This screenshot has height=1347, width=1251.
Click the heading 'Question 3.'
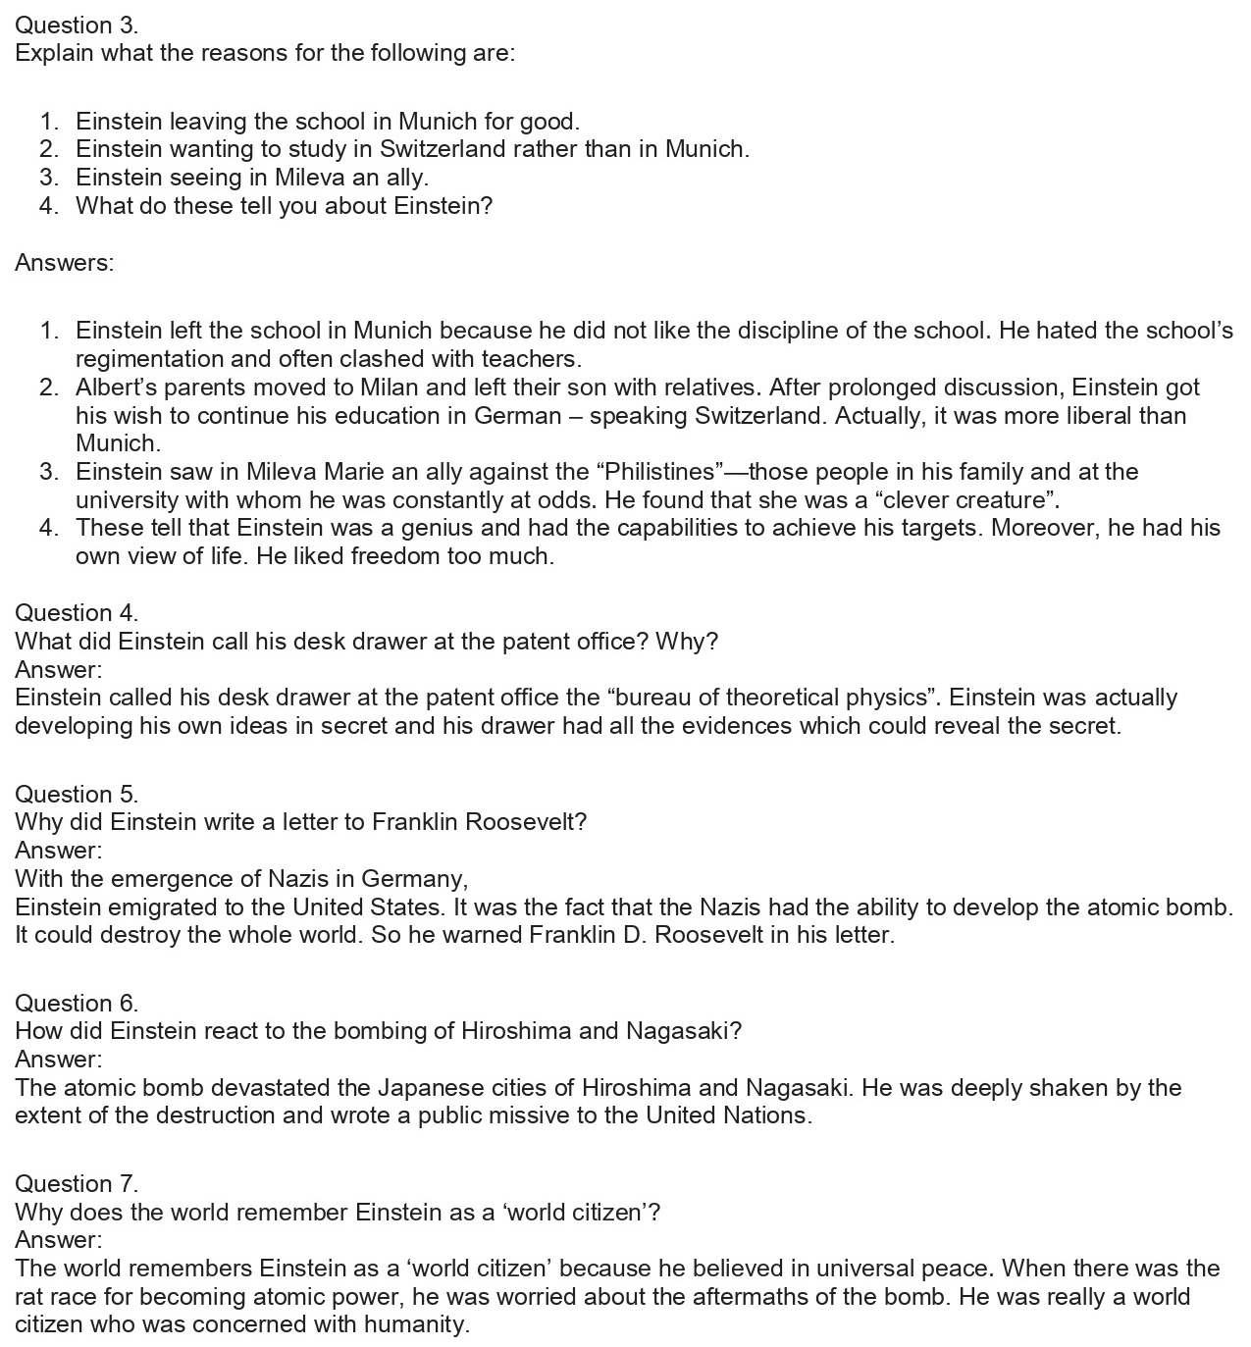coord(77,25)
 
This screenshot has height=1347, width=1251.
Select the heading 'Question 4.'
coord(77,613)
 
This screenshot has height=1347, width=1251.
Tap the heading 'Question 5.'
coord(77,794)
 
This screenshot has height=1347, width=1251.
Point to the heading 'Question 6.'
coord(77,1003)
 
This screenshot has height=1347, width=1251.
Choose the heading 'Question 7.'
coord(77,1183)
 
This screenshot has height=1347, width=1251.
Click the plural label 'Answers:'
coord(65,263)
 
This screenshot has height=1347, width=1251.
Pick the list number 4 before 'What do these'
coord(49,206)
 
